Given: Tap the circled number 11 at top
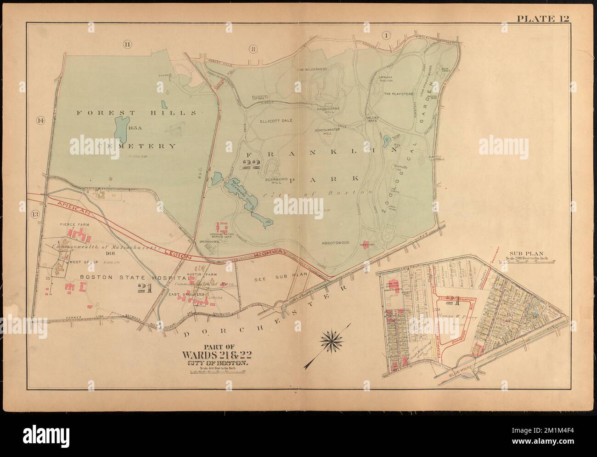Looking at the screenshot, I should click(x=127, y=44).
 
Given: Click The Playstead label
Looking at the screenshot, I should click(x=397, y=93).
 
